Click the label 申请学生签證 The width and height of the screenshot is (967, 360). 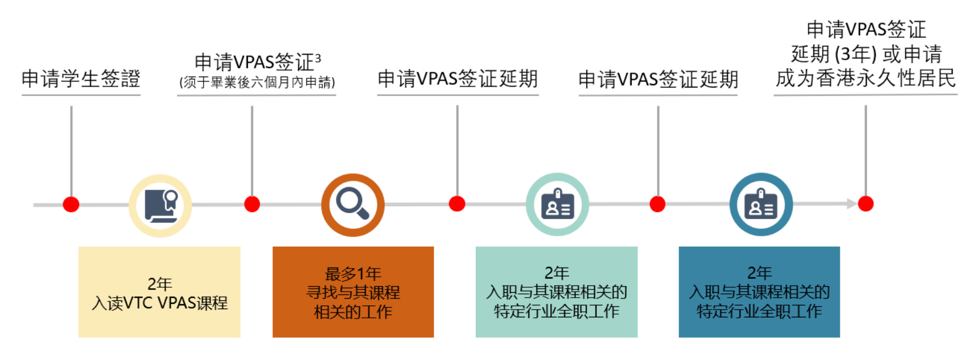click(x=81, y=79)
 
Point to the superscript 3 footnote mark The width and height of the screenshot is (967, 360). click(x=318, y=57)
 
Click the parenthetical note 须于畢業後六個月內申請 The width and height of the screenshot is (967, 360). click(x=257, y=83)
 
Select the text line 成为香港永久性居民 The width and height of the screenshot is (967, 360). click(x=865, y=78)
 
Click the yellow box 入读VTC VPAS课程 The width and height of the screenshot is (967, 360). click(x=159, y=292)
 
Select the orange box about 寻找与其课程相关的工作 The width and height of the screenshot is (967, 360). click(x=353, y=292)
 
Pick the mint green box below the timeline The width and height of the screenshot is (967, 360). click(x=556, y=292)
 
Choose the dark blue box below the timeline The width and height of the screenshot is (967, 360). click(x=759, y=292)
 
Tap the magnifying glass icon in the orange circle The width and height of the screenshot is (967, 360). click(x=353, y=204)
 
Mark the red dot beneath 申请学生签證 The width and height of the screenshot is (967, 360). click(x=71, y=204)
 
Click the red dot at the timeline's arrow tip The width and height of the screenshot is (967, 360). click(x=866, y=204)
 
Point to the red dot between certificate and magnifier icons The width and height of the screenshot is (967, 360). click(x=252, y=204)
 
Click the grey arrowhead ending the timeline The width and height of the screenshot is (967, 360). click(x=852, y=204)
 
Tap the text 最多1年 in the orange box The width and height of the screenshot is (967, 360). click(x=353, y=273)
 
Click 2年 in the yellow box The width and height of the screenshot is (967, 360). click(x=159, y=283)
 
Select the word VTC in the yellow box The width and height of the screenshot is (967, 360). click(x=139, y=303)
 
